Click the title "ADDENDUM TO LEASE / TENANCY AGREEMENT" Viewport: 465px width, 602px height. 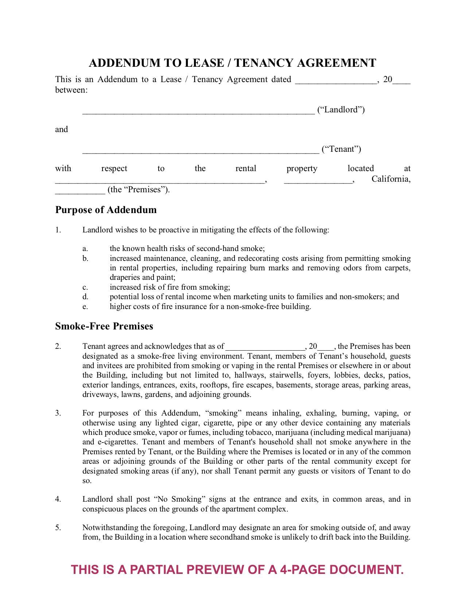(232, 63)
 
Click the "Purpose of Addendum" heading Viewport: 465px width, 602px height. (106, 210)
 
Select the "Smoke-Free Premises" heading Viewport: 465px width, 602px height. (104, 326)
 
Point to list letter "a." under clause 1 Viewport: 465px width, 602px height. (85, 249)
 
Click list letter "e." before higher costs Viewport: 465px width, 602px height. (85, 306)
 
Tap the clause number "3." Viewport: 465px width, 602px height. (58, 413)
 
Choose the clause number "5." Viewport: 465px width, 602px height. (58, 528)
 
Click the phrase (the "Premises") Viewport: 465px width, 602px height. (139, 190)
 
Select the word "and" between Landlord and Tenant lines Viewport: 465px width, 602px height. (61, 130)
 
